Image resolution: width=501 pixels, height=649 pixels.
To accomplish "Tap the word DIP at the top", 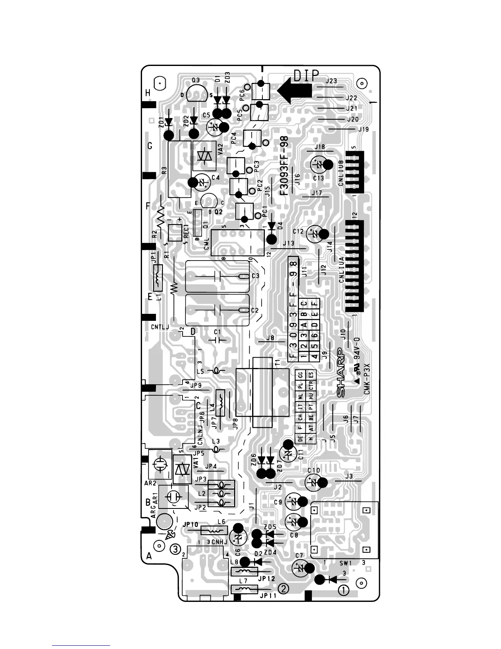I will (306, 75).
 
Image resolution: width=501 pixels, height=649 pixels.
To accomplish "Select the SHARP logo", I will (340, 373).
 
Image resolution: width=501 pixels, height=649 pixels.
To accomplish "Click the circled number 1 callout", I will (343, 590).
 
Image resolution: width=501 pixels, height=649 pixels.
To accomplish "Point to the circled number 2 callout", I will (283, 588).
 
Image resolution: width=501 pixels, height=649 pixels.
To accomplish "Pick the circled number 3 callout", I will (176, 549).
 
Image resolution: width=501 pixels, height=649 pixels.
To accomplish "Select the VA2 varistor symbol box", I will (204, 156).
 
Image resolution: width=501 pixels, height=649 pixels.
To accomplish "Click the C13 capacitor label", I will (318, 178).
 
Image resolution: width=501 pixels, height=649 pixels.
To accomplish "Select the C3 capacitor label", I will (255, 276).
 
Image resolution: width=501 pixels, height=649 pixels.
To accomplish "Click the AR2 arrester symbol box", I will (158, 464).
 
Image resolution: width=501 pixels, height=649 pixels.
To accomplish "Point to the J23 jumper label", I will (331, 81).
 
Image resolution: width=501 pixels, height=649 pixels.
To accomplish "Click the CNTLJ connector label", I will (160, 327).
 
